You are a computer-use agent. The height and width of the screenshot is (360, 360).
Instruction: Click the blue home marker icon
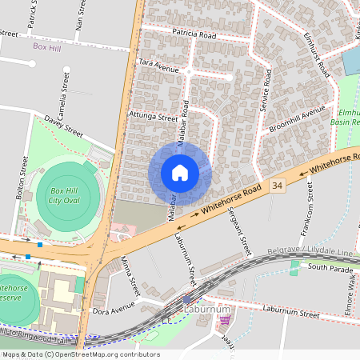(180, 173)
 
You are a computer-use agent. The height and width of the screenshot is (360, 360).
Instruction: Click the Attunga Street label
(152, 116)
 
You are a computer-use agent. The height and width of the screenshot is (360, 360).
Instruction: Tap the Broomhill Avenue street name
(297, 118)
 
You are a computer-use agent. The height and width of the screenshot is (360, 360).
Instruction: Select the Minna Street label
(131, 274)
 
